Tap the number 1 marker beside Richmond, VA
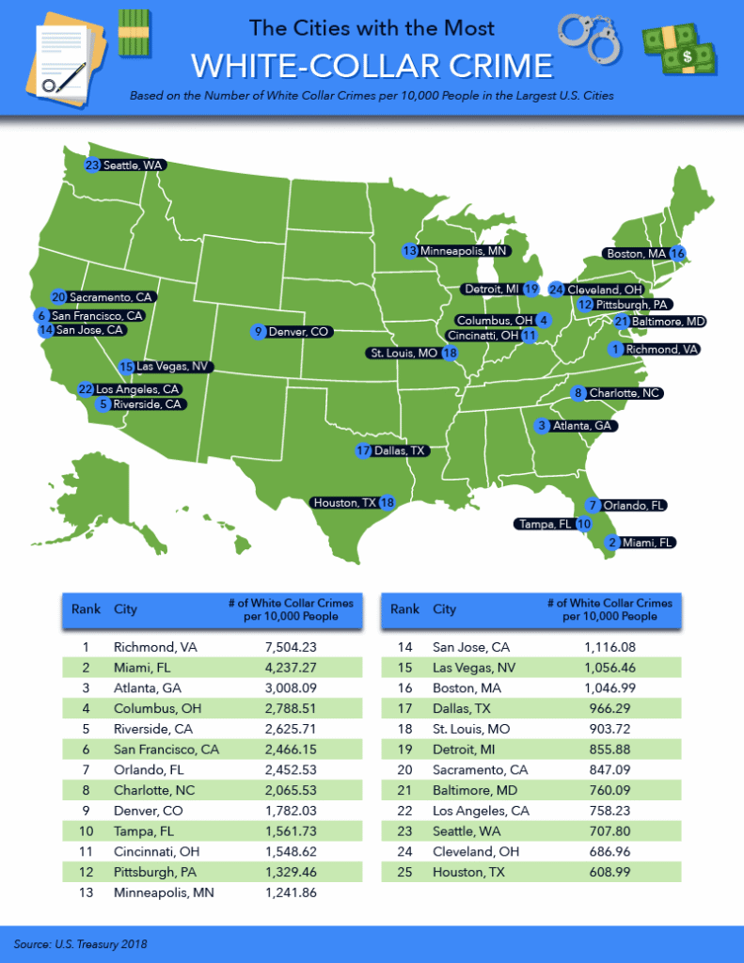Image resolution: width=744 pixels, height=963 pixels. click(x=616, y=349)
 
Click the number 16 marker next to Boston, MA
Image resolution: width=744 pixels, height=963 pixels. click(x=676, y=253)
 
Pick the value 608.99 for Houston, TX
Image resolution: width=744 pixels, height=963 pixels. click(x=609, y=874)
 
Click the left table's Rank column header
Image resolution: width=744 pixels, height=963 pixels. click(x=86, y=608)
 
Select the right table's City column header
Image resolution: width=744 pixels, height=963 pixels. click(x=444, y=608)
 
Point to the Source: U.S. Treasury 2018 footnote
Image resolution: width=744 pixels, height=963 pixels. click(x=80, y=942)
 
